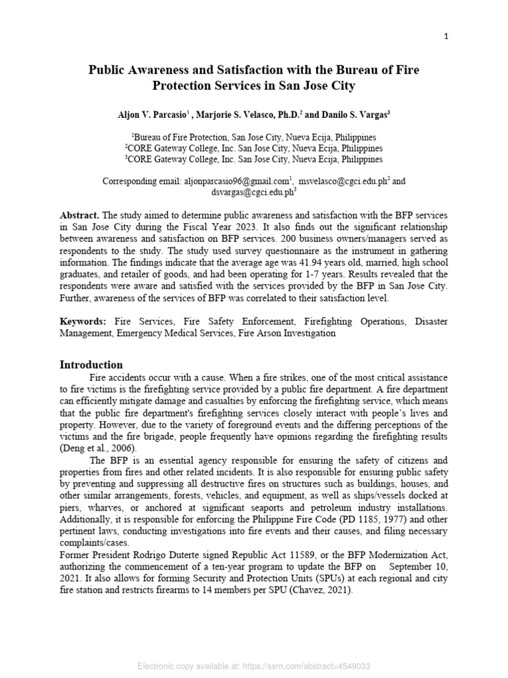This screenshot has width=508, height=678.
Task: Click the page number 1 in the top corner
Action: pyautogui.click(x=446, y=36)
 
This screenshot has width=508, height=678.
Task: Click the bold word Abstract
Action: pyautogui.click(x=79, y=216)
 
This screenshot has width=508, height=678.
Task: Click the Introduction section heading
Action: pyautogui.click(x=91, y=364)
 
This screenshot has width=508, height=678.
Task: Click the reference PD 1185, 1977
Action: pyautogui.click(x=379, y=519)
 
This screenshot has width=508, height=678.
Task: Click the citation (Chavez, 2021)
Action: pyautogui.click(x=317, y=591)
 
